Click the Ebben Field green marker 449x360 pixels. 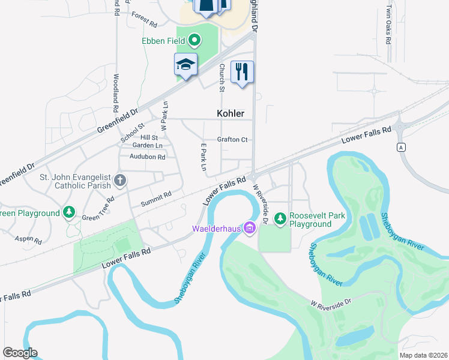194,41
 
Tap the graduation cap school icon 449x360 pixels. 186,65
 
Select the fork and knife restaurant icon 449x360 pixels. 242,72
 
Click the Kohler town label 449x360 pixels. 231,113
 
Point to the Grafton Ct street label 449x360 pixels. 232,140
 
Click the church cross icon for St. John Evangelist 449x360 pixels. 120,179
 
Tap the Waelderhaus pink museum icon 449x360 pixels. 249,228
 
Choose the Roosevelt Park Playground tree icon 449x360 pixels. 280,220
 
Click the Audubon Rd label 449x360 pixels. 147,157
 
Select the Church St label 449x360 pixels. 221,77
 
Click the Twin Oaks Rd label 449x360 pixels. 388,26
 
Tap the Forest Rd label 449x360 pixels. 144,20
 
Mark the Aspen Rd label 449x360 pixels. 29,239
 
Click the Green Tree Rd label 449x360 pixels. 98,209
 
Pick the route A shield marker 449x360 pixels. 400,147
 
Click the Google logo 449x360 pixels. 20,353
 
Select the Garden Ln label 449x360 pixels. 147,146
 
